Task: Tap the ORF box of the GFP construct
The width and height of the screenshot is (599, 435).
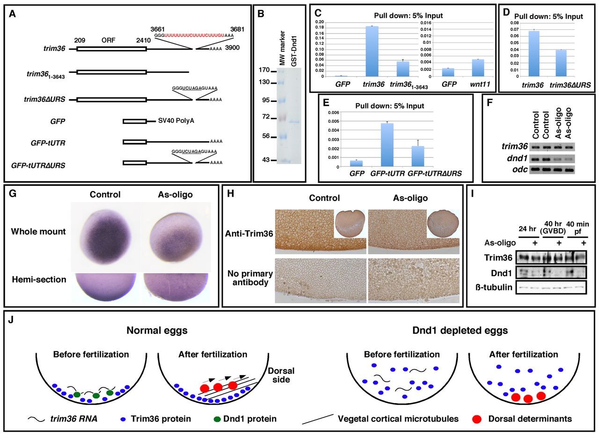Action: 134,121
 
